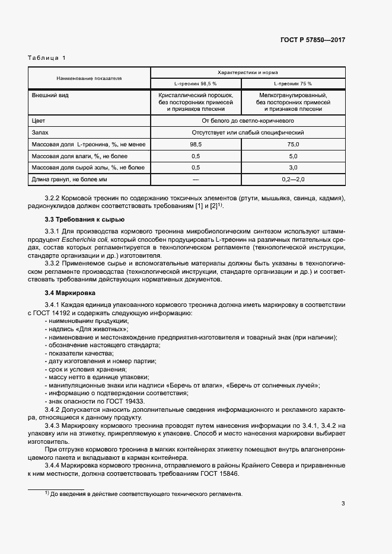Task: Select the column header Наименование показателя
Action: point(89,78)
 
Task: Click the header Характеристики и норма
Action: point(248,72)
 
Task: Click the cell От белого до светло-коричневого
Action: point(248,120)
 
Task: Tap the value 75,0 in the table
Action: point(293,144)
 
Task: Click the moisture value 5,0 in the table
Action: point(293,156)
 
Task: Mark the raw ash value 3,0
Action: point(293,168)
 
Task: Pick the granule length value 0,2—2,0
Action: point(293,180)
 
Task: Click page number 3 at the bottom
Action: point(343,504)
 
